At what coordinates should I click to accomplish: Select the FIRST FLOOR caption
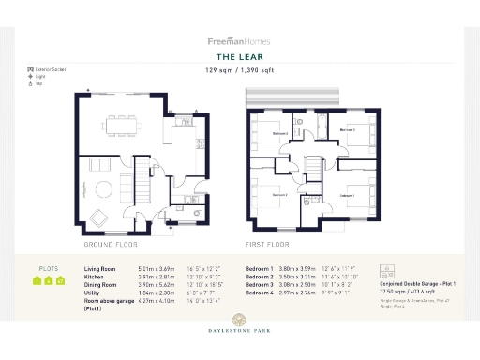point(266,244)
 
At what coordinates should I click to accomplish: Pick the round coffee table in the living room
point(100,187)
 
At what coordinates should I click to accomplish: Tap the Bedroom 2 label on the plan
point(280,194)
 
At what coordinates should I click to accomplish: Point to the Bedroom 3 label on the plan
point(347,130)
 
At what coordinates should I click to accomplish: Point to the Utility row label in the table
point(94,293)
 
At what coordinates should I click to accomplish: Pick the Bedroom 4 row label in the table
point(260,293)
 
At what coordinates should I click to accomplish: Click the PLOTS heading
point(48,268)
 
